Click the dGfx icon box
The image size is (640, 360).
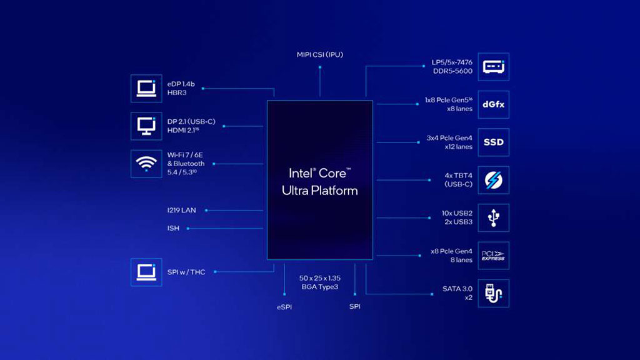(494, 104)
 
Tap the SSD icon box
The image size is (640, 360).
(494, 142)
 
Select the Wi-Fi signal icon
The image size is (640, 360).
(146, 164)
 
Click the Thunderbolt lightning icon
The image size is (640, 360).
(494, 180)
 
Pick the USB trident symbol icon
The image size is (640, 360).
(494, 218)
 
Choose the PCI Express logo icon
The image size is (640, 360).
(494, 256)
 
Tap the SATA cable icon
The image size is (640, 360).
(494, 294)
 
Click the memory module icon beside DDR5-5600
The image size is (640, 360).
(494, 66)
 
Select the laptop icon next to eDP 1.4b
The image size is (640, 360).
(146, 89)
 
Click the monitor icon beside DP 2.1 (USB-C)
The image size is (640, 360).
(146, 126)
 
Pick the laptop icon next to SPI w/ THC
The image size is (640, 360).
(146, 272)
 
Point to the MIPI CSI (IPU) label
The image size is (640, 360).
(320, 55)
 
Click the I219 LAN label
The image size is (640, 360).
(182, 210)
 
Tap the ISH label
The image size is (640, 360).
(173, 228)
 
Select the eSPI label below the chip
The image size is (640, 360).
(284, 307)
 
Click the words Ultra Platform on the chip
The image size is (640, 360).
(320, 191)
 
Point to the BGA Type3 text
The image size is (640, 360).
(320, 287)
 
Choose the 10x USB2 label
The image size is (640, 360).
(457, 213)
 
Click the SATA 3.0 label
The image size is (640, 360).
(457, 289)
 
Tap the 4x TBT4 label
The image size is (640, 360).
(458, 176)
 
